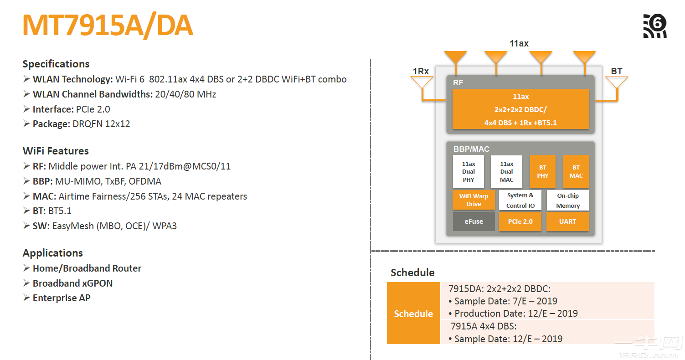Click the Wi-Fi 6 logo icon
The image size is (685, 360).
pos(655,26)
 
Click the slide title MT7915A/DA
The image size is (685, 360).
pos(108,26)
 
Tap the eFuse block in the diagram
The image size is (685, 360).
pos(474,221)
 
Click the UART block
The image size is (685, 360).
pos(567,221)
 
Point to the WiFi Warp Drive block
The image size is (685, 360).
pos(474,200)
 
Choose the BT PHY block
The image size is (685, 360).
pos(542,171)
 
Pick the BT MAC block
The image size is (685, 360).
pos(576,171)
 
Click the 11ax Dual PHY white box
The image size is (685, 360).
pos(469,171)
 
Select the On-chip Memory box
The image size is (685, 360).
pos(567,201)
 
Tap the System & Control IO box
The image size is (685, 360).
pos(520,201)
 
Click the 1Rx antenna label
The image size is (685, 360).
pos(421,71)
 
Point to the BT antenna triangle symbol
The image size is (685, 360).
pos(617,82)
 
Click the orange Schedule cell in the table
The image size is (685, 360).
pos(413,314)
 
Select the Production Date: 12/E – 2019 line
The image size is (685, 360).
pos(515,314)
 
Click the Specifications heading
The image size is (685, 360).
pos(56,64)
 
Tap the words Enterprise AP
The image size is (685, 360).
pos(62,298)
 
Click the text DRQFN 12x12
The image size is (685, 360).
pos(101,124)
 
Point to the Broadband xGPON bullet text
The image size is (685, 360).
pos(72,283)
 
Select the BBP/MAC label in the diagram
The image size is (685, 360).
pos(471,149)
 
